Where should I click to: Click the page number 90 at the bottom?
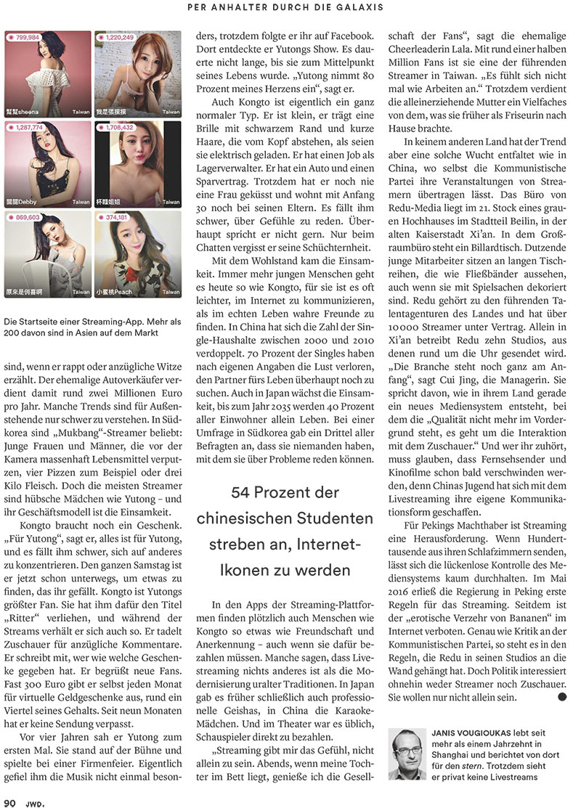(x=9, y=802)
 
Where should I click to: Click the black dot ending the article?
(x=561, y=697)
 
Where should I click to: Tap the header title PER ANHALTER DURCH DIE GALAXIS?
(x=290, y=7)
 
